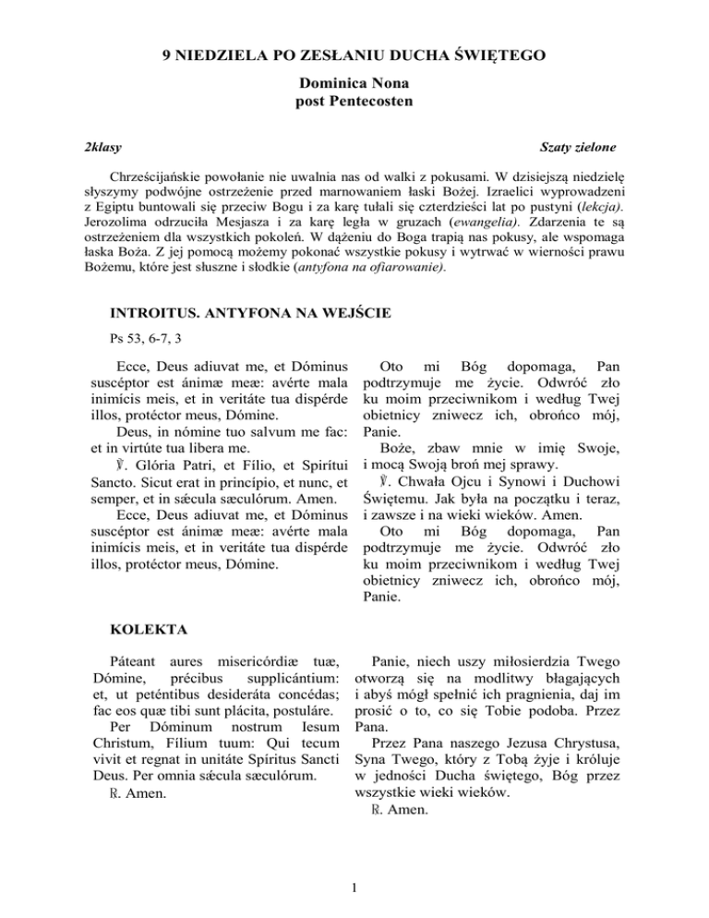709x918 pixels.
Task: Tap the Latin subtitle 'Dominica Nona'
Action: coord(354,82)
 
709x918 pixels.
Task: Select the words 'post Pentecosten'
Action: coord(354,99)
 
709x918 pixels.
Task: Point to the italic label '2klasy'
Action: coord(101,147)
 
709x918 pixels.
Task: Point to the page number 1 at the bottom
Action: coord(354,890)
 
